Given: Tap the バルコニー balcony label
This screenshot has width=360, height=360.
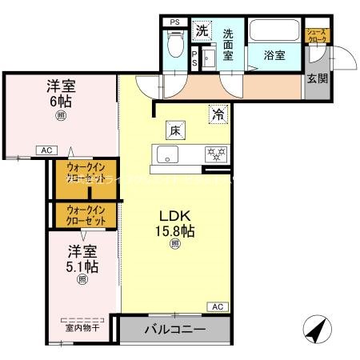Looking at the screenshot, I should [175, 330].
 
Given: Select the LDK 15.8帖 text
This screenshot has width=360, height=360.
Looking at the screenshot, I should [175, 223].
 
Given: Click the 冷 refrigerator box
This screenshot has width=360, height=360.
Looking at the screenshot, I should [218, 114].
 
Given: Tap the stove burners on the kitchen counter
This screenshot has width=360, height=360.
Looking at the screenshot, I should [216, 153].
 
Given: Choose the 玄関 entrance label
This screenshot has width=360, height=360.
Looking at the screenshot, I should [317, 78].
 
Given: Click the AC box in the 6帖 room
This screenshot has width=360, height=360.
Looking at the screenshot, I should [46, 150].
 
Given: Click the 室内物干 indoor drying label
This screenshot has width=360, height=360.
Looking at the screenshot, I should [82, 326].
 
